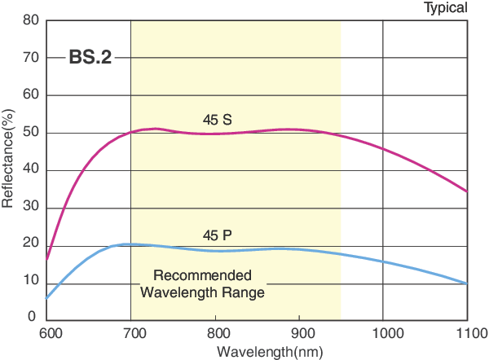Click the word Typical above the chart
click(445, 8)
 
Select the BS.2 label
click(90, 58)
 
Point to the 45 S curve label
click(217, 120)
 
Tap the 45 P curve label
click(217, 235)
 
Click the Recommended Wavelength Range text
click(203, 283)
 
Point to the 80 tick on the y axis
click(31, 20)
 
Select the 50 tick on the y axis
click(31, 133)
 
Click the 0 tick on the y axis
click(33, 317)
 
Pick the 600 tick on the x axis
click(49, 333)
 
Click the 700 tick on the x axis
click(130, 333)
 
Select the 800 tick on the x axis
click(215, 333)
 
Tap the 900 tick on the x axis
click(299, 333)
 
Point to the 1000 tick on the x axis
click(383, 333)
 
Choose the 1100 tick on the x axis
click(467, 333)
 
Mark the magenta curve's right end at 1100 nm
click(467, 192)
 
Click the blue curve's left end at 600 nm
click(46, 298)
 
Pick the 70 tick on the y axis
click(31, 58)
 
